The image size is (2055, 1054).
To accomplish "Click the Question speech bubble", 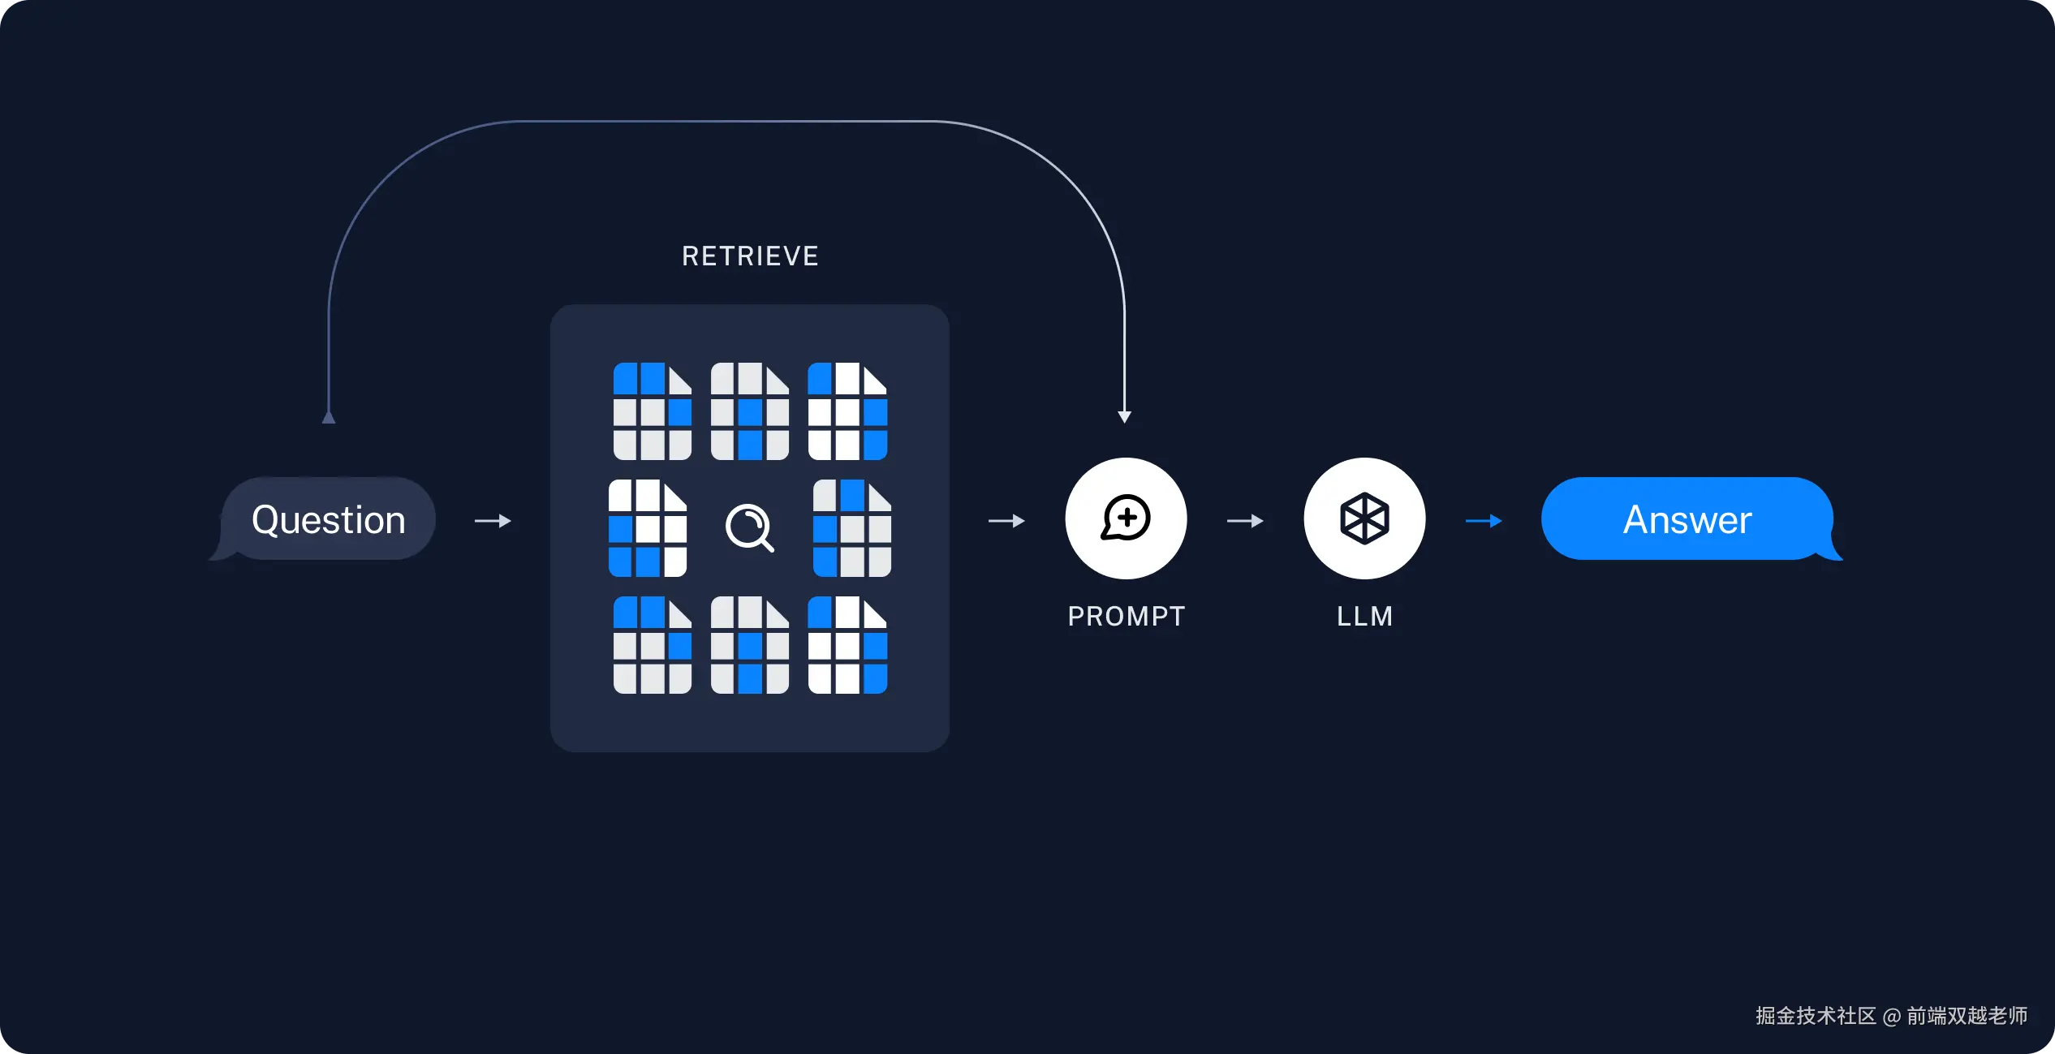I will coord(328,519).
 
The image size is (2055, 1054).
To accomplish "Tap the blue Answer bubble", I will coord(1687,519).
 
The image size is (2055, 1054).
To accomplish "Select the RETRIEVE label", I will coord(750,256).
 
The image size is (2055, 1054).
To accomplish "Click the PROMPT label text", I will coord(1126,617).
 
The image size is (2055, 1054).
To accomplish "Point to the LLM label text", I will coord(1364,617).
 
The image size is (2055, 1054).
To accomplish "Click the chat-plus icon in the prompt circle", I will coord(1126,518).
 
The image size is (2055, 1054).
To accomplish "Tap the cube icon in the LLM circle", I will coord(1364,518).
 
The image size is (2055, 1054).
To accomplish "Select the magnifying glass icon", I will coord(749,527).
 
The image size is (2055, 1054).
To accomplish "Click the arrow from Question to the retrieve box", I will coord(493,521).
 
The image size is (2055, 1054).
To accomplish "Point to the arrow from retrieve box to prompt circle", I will coord(1006,521).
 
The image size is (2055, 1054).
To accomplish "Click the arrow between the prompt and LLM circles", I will coord(1245,521).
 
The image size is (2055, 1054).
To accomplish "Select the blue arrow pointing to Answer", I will coord(1484,521).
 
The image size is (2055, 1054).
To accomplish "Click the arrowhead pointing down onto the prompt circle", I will coord(1124,416).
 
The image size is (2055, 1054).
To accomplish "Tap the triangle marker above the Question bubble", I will coord(329,417).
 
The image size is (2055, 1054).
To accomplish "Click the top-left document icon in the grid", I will coord(653,411).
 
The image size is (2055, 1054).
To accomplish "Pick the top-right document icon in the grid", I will coord(847,411).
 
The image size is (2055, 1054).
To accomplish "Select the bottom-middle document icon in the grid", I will coord(750,645).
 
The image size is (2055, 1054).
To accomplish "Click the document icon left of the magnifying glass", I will coord(648,528).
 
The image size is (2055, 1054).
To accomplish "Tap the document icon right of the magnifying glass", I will coord(852,528).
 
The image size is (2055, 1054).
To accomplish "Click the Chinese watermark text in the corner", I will coord(1891,1016).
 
